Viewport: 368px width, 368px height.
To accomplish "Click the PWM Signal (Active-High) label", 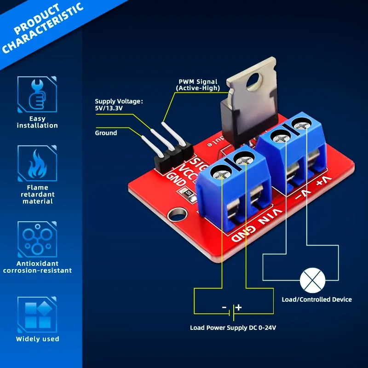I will point(198,85).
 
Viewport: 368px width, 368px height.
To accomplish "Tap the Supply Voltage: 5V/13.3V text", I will point(119,105).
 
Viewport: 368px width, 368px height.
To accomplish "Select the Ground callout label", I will point(106,133).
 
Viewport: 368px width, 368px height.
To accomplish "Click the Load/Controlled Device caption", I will point(316,299).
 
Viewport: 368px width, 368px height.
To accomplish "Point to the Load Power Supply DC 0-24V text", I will point(233,328).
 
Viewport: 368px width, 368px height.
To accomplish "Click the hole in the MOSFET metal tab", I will point(252,81).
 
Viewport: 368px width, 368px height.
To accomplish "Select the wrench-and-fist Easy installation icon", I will point(37,94).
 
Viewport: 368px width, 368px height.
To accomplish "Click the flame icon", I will point(37,164).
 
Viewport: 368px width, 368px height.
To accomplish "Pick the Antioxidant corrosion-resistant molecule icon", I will point(37,240).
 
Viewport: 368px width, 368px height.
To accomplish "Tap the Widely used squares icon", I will point(37,315).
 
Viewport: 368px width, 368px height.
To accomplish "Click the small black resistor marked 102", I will point(189,194).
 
